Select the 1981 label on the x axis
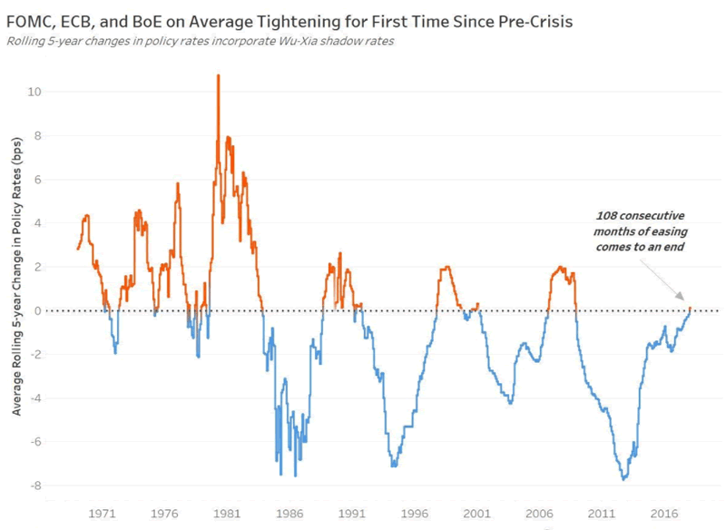[x=227, y=512]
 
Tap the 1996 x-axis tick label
[x=415, y=512]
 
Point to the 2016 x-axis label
[x=664, y=512]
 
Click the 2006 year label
[x=540, y=512]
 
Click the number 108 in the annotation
[x=608, y=215]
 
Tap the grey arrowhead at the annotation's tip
[x=686, y=303]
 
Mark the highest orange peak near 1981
[x=218, y=76]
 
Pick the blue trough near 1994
[x=393, y=466]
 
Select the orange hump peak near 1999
[x=446, y=267]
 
